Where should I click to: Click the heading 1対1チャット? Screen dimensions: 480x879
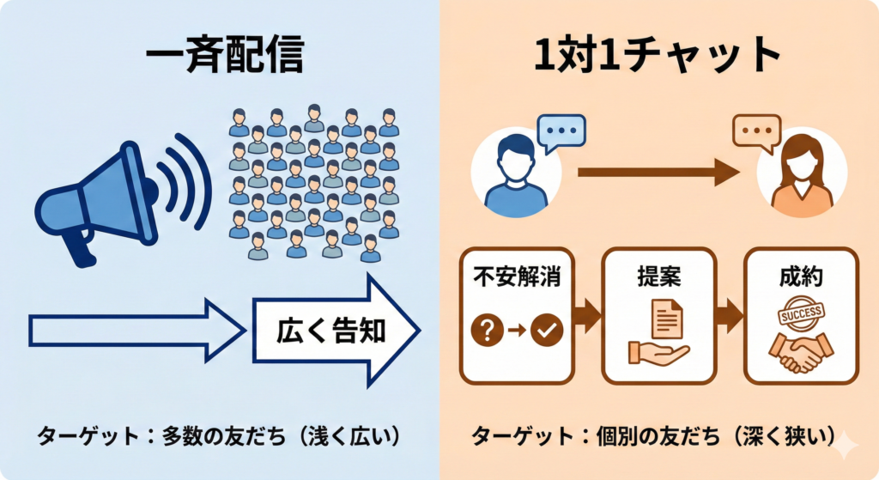click(x=658, y=57)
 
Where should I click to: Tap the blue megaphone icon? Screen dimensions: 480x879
click(x=99, y=199)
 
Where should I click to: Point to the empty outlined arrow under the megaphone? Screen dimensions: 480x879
click(x=133, y=331)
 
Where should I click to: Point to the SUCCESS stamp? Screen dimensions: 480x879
click(x=801, y=314)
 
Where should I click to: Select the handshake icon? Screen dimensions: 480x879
click(x=801, y=350)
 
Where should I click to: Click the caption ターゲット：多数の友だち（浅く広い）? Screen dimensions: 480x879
click(x=218, y=435)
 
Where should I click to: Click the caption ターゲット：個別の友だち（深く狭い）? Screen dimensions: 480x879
click(x=653, y=435)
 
